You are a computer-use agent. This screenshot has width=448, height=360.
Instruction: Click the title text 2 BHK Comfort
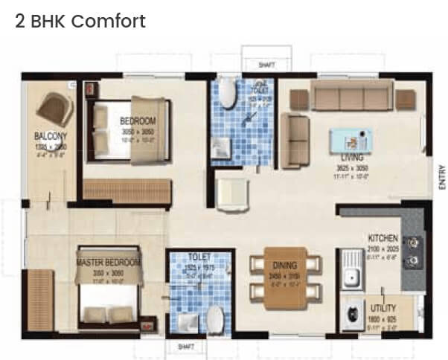pyautogui.click(x=80, y=21)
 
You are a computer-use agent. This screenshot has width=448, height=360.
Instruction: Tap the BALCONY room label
pyautogui.click(x=51, y=136)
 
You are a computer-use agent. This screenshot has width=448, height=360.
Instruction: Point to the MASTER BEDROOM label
pyautogui.click(x=109, y=263)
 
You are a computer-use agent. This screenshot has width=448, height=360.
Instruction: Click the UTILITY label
pyautogui.click(x=382, y=307)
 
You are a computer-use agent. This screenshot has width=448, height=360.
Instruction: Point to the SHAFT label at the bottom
pyautogui.click(x=183, y=346)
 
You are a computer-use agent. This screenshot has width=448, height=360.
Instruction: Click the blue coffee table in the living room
pyautogui.click(x=351, y=139)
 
